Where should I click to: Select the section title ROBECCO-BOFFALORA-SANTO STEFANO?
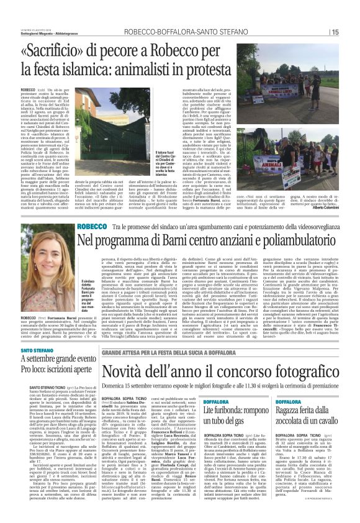[225, 32]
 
